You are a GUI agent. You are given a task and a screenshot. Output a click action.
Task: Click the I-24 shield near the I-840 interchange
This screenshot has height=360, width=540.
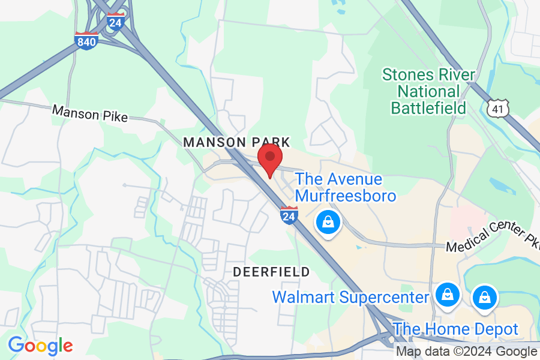point(115,22)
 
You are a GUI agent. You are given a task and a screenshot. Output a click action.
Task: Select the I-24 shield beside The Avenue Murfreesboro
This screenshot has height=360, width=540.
point(289,214)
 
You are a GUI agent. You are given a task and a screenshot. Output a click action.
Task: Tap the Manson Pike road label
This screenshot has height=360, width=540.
point(90,113)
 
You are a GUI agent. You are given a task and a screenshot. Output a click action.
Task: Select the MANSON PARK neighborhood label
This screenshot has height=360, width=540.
point(236,142)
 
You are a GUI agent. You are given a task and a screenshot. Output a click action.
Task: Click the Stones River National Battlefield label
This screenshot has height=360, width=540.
point(428,92)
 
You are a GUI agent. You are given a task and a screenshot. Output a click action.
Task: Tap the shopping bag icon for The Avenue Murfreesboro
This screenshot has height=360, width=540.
point(328,223)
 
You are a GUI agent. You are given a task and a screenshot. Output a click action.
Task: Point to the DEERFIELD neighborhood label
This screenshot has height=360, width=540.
point(271,272)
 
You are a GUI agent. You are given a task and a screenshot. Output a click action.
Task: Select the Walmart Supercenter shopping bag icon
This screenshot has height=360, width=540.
point(447,295)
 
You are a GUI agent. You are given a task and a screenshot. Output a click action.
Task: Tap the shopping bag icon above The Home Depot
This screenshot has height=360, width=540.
point(484,296)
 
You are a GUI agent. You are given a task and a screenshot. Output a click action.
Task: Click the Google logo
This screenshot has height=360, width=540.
point(40,346)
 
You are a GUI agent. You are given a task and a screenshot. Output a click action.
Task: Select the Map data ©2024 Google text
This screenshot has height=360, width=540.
point(466,352)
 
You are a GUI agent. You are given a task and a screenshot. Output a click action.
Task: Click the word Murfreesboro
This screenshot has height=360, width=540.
point(346,196)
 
